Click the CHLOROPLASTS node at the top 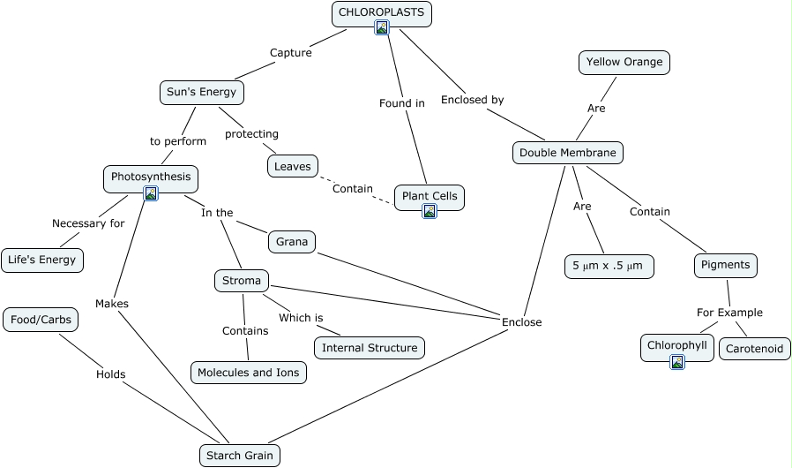pos(382,13)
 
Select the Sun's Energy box pos(202,92)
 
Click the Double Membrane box pos(567,153)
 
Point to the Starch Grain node pos(240,456)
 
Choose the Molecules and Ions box pos(248,373)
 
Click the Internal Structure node pos(369,348)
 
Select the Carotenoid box pos(754,349)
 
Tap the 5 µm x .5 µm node pos(609,266)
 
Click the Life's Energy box pos(42,260)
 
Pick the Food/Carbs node pos(41,320)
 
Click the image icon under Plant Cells pos(430,211)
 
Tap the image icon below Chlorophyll pos(677,361)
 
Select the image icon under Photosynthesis pos(151,193)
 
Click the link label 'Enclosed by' pos(472,100)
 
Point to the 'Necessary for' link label pos(88,223)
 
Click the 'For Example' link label pos(729,313)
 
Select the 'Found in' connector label pos(401,103)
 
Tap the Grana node pos(291,241)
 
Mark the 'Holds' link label pos(110,374)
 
